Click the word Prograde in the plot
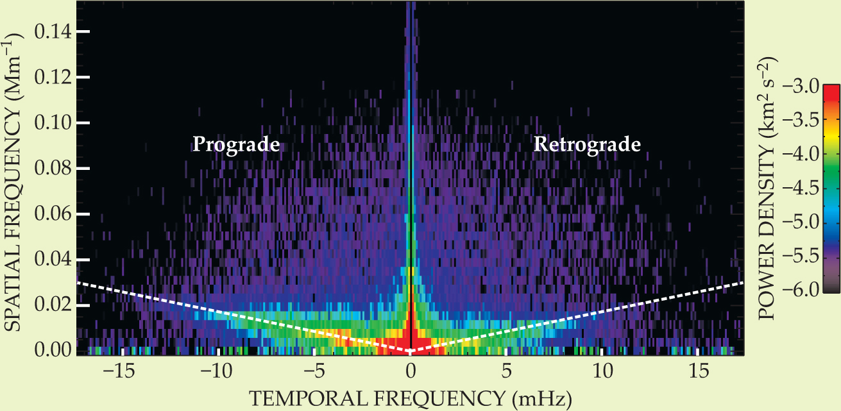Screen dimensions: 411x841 236,145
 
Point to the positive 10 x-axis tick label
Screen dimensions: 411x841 602,371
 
